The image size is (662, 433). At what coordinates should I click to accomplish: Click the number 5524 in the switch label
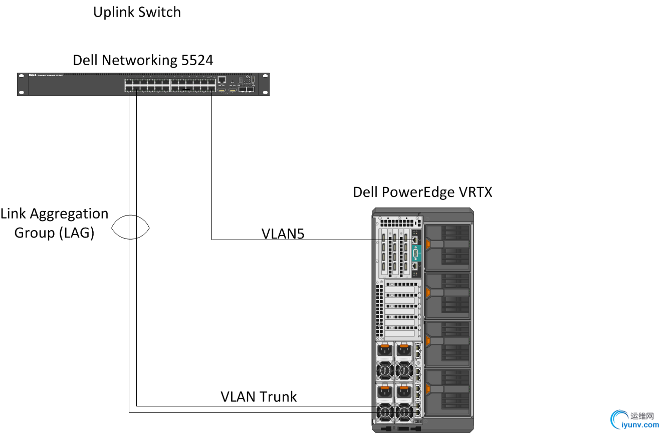pyautogui.click(x=197, y=61)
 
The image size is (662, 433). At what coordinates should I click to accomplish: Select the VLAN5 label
pyautogui.click(x=283, y=234)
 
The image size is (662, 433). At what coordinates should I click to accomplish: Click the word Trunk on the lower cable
pyautogui.click(x=277, y=397)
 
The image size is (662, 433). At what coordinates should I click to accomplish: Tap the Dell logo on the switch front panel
pyautogui.click(x=31, y=76)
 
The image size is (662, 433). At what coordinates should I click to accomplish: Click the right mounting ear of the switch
pyautogui.click(x=266, y=84)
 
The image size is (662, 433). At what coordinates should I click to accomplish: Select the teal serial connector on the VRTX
pyautogui.click(x=415, y=254)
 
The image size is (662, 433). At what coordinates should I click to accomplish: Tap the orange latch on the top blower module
pyautogui.click(x=428, y=244)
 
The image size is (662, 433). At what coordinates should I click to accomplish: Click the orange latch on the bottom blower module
pyautogui.click(x=428, y=389)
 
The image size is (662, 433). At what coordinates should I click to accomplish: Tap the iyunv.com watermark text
pyautogui.click(x=640, y=425)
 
